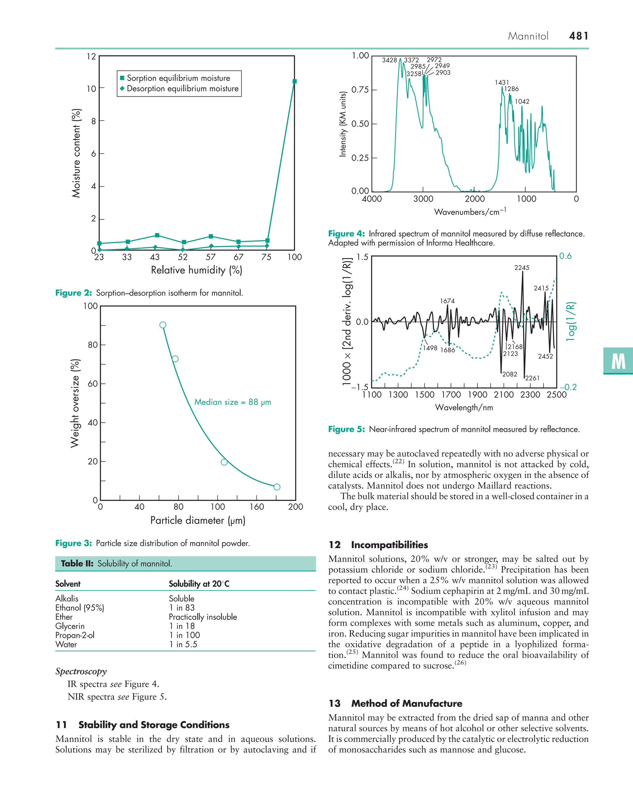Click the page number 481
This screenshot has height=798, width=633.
tap(578, 36)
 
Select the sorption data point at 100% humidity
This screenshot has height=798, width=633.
tap(294, 81)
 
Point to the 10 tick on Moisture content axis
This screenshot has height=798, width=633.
tap(91, 89)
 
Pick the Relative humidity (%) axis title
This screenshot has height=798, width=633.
tap(196, 270)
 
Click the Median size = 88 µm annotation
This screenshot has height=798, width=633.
tap(232, 402)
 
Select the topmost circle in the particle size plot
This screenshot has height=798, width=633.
tap(163, 325)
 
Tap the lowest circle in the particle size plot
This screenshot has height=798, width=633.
tap(277, 487)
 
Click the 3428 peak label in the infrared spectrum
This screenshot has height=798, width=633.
tap(389, 60)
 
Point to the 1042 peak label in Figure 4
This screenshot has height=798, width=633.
tap(522, 101)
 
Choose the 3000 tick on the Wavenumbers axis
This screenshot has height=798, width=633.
tap(423, 199)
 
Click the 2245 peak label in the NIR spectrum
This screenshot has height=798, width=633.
tap(522, 268)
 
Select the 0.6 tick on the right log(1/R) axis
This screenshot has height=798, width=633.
tap(565, 256)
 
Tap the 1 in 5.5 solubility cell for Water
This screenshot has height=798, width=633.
tap(183, 644)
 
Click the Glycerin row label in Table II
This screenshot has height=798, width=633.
tap(70, 626)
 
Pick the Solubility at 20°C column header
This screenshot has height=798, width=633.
tap(199, 584)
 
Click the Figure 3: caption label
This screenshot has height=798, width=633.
tap(73, 543)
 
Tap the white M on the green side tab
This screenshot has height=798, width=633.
tap(618, 361)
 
